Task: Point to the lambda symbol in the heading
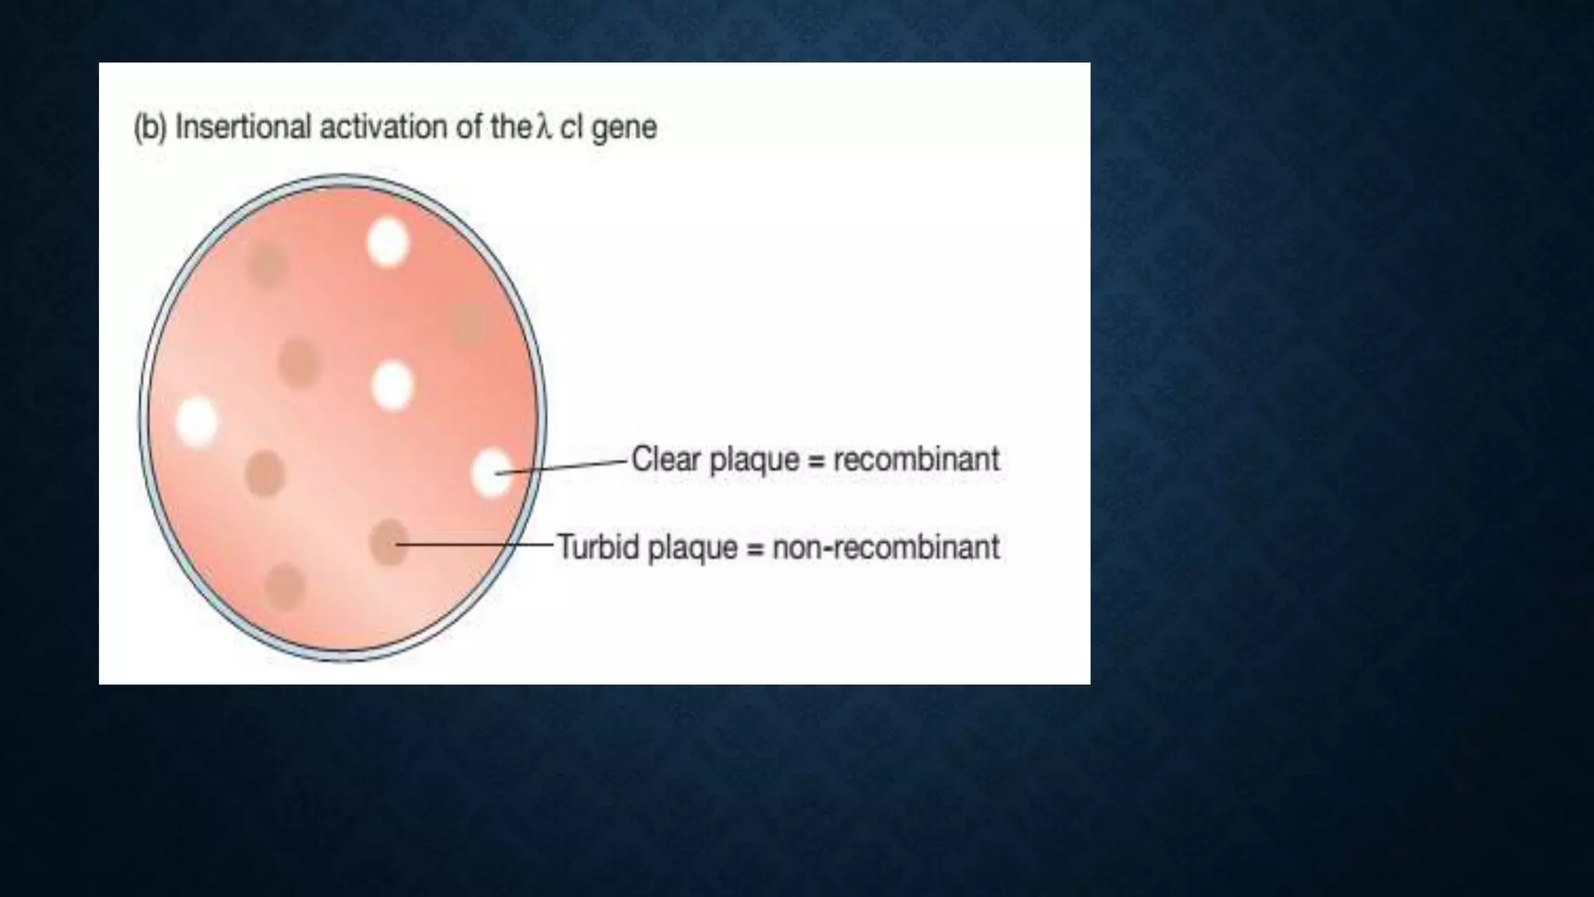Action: pyautogui.click(x=543, y=127)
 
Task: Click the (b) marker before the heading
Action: pyautogui.click(x=149, y=128)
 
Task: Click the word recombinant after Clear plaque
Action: pyautogui.click(x=916, y=459)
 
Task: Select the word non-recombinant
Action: pyautogui.click(x=886, y=547)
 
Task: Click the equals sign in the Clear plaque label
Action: pyautogui.click(x=816, y=460)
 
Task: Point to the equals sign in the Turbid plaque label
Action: pyautogui.click(x=754, y=548)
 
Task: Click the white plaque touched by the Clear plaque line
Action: pyautogui.click(x=492, y=472)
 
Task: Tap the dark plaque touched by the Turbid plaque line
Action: pyautogui.click(x=388, y=542)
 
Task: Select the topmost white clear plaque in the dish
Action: pyautogui.click(x=388, y=241)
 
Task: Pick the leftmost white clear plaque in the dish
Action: pyautogui.click(x=197, y=421)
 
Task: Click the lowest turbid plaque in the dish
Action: pyautogui.click(x=285, y=586)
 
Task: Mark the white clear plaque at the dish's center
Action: pyautogui.click(x=392, y=385)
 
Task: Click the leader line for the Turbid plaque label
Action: pyautogui.click(x=475, y=543)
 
